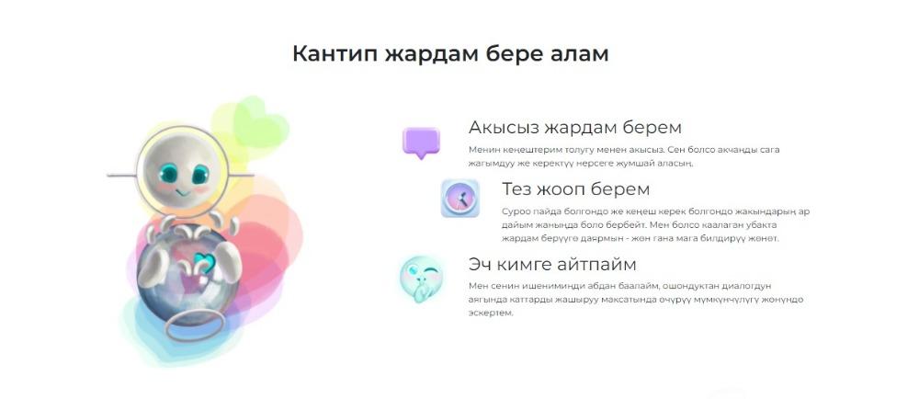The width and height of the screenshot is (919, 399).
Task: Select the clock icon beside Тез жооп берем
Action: click(x=460, y=199)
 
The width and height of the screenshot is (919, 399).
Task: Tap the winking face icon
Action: click(x=422, y=279)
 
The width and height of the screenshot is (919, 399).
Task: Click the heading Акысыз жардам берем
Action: click(x=575, y=128)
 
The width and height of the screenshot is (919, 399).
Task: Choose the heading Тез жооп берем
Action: click(x=575, y=189)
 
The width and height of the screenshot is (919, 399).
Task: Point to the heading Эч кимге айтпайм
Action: click(x=552, y=264)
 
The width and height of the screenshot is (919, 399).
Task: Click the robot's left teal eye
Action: click(x=169, y=173)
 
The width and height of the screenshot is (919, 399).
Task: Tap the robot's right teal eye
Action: click(x=199, y=174)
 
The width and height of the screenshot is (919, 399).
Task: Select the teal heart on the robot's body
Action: click(x=204, y=263)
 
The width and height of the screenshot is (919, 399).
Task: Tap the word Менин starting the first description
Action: click(x=482, y=150)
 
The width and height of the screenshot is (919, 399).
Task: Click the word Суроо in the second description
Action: click(x=514, y=211)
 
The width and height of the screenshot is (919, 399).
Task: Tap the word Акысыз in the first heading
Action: click(x=504, y=128)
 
